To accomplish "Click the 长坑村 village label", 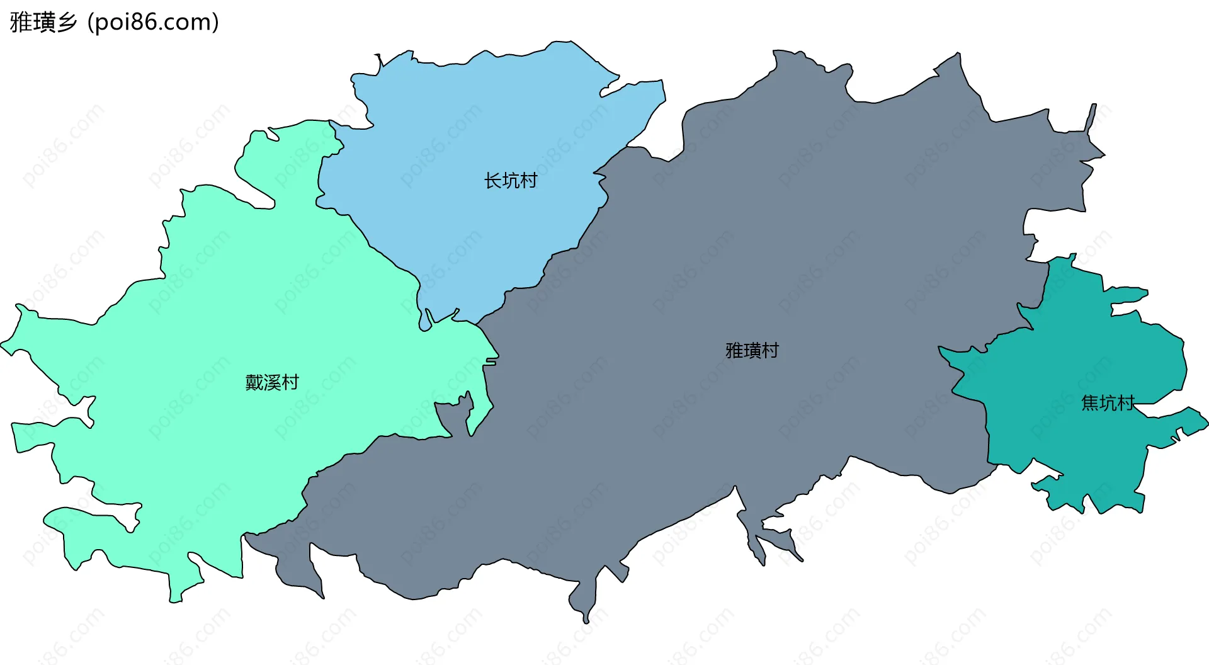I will [510, 181].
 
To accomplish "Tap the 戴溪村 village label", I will [271, 382].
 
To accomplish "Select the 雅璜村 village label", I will [752, 350].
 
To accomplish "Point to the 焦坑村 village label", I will [1108, 403].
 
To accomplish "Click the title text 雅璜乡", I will [43, 22].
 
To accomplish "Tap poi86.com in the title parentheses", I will [153, 22].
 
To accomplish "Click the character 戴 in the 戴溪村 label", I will [254, 382].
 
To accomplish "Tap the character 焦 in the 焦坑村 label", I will [1090, 403].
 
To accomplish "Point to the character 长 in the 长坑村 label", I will [492, 181].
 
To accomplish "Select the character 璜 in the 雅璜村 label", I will [752, 350].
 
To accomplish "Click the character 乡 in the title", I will [67, 22].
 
